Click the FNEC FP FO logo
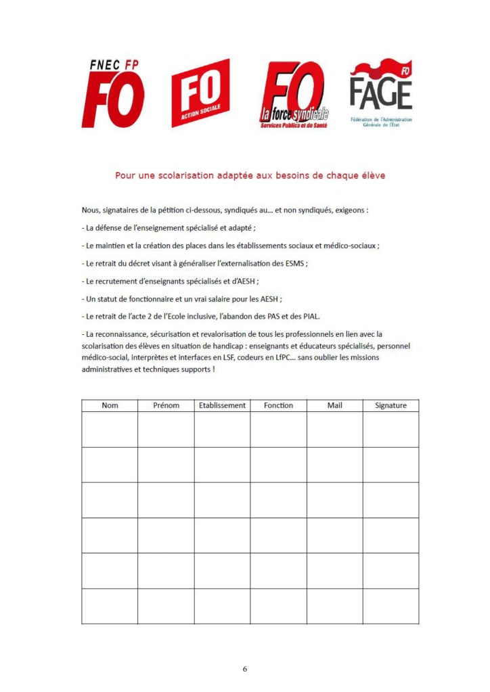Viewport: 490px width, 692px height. tap(113, 93)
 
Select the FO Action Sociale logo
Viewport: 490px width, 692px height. tap(200, 93)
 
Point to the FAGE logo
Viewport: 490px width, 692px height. tap(381, 93)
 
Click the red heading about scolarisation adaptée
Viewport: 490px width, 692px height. tap(250, 176)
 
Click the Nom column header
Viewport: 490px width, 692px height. tap(110, 405)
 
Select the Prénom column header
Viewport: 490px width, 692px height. tap(166, 405)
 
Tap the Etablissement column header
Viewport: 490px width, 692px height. tap(222, 405)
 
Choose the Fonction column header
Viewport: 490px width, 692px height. tap(278, 405)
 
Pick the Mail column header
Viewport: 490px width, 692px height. tap(334, 405)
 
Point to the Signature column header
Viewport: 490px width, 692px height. tap(391, 405)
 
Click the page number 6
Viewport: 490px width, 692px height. tap(245, 669)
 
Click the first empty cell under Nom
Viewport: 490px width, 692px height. tap(110, 429)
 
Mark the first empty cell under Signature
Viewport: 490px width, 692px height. tap(391, 429)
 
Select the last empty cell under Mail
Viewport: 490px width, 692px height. tap(334, 606)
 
